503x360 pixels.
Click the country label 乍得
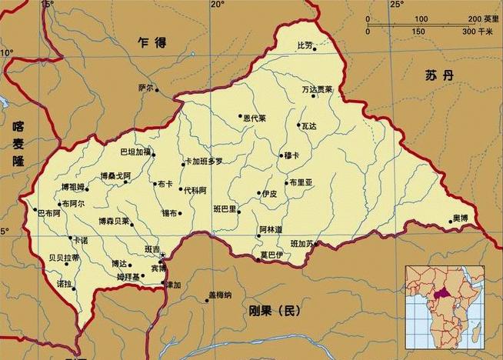tap(152, 43)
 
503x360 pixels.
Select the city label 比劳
tap(305, 46)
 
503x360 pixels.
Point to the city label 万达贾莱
tap(317, 90)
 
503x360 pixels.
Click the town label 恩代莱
tap(254, 118)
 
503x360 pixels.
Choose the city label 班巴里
tap(225, 208)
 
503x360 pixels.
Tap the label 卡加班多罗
tap(203, 162)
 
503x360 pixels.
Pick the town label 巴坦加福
tap(136, 152)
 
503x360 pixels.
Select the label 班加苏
tap(302, 244)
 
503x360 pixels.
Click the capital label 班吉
tap(152, 250)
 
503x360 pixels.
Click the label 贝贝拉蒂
tap(63, 258)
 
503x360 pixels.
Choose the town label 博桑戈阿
tap(115, 176)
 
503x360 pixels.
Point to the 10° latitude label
tap(7, 52)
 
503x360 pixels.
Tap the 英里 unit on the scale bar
tap(490, 18)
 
